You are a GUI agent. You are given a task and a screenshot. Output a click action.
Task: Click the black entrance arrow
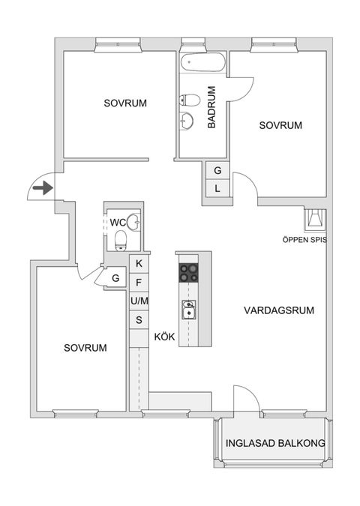point(43,187)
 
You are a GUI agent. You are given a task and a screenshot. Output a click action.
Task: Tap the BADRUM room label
point(212,108)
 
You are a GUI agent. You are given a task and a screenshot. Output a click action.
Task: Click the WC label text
point(118,223)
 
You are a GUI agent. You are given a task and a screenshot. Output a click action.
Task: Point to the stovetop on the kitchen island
point(188,272)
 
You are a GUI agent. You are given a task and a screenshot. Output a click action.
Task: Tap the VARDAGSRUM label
point(279,310)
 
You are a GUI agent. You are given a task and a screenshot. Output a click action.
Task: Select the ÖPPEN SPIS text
point(304,241)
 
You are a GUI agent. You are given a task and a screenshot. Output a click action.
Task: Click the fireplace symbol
point(314,219)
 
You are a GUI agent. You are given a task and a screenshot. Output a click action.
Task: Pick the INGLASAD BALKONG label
point(275,444)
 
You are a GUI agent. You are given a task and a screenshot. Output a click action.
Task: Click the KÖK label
point(164,337)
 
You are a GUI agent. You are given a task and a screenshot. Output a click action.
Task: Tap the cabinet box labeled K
point(139,264)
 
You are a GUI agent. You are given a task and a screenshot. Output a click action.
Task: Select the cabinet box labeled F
point(139,283)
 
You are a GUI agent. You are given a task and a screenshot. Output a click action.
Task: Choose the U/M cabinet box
point(139,301)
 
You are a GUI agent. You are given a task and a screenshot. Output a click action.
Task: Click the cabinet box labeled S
point(139,320)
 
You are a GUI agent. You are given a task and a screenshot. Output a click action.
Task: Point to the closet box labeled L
point(217,189)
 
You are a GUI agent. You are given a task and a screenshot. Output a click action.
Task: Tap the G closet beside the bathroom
point(217,171)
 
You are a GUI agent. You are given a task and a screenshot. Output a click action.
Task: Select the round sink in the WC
point(134,221)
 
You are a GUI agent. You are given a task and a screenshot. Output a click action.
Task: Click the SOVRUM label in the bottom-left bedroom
point(85,348)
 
